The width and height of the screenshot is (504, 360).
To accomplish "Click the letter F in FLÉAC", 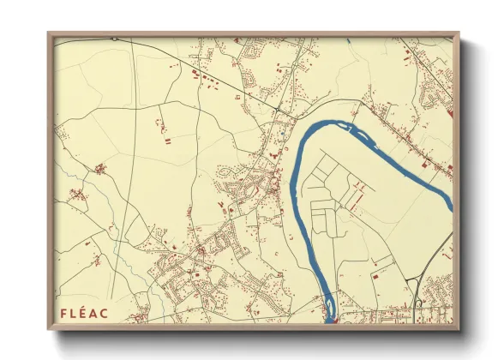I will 64,313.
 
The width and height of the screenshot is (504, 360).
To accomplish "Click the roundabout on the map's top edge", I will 114,39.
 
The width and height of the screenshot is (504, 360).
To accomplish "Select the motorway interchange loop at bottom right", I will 417,302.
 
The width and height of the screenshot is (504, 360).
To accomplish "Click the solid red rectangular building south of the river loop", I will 375,277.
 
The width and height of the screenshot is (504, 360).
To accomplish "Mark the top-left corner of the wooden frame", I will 50,34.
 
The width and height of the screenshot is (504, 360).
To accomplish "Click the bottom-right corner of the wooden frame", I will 459,329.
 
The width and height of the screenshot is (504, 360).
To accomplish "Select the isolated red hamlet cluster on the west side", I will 100,169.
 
